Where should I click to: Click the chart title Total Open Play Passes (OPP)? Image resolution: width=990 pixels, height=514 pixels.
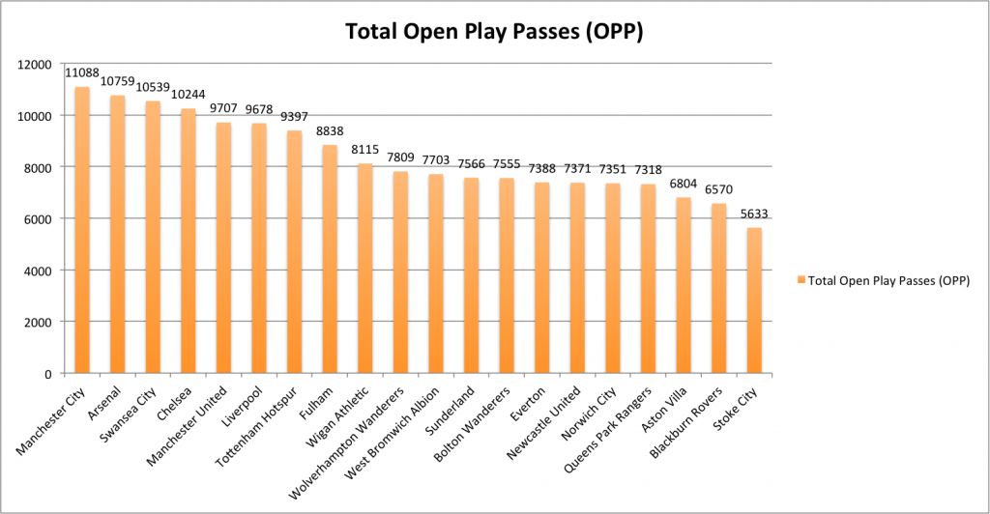(494, 31)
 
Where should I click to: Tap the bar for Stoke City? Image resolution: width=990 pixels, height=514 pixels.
(753, 300)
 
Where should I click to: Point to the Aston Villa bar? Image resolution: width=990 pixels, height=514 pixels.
(683, 285)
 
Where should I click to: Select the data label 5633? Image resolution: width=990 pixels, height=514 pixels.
(754, 214)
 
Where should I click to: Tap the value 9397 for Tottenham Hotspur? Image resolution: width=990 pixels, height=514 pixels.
(295, 117)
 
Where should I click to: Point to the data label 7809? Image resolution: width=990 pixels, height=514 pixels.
(400, 159)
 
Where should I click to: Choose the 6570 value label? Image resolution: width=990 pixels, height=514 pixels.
(718, 190)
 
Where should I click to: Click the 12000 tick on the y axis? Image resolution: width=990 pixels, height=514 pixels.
(38, 64)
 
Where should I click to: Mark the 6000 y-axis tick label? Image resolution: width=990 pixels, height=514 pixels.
(42, 218)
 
